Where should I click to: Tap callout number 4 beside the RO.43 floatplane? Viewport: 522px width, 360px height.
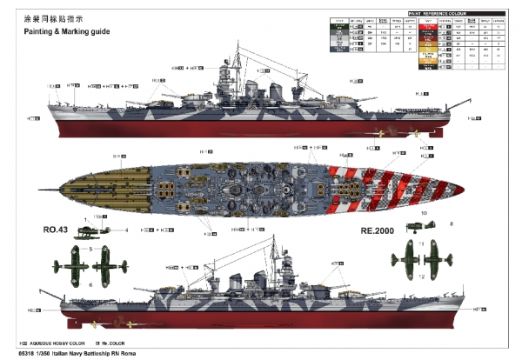(126, 230)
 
